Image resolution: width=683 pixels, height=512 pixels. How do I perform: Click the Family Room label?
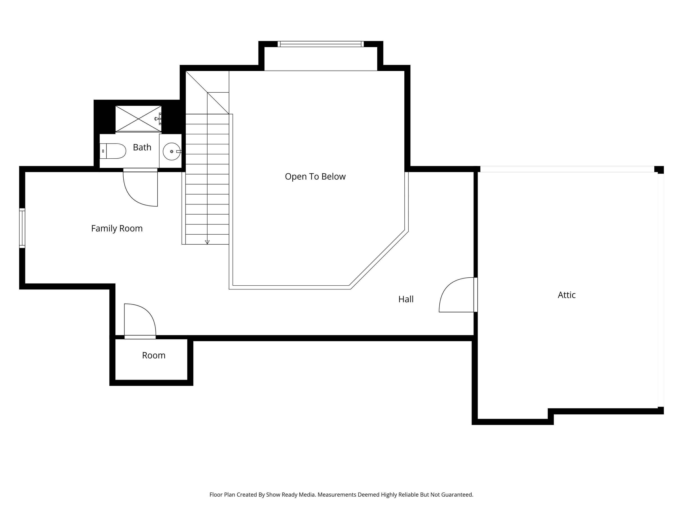point(117,229)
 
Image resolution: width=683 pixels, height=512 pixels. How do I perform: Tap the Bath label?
point(142,147)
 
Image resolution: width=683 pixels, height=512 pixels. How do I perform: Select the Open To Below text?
point(315,177)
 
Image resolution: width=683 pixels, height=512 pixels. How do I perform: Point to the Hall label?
point(406,299)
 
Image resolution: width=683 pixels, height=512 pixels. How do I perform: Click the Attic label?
point(567,295)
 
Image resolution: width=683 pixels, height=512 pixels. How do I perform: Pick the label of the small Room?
point(154,355)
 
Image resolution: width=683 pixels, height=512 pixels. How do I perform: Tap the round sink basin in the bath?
point(171,152)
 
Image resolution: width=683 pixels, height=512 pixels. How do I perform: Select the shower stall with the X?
point(138,119)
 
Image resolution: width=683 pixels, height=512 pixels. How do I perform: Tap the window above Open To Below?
point(321,44)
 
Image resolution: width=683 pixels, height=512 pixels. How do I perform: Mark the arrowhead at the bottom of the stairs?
point(207,242)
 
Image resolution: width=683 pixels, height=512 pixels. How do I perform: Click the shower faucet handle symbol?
point(158,119)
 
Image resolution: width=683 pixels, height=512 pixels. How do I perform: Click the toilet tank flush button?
point(103,151)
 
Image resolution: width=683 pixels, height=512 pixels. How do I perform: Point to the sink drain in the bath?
point(172,152)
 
